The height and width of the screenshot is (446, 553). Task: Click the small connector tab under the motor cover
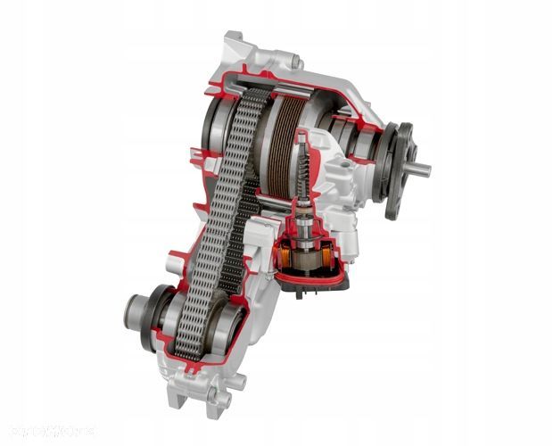[x=299, y=290]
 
